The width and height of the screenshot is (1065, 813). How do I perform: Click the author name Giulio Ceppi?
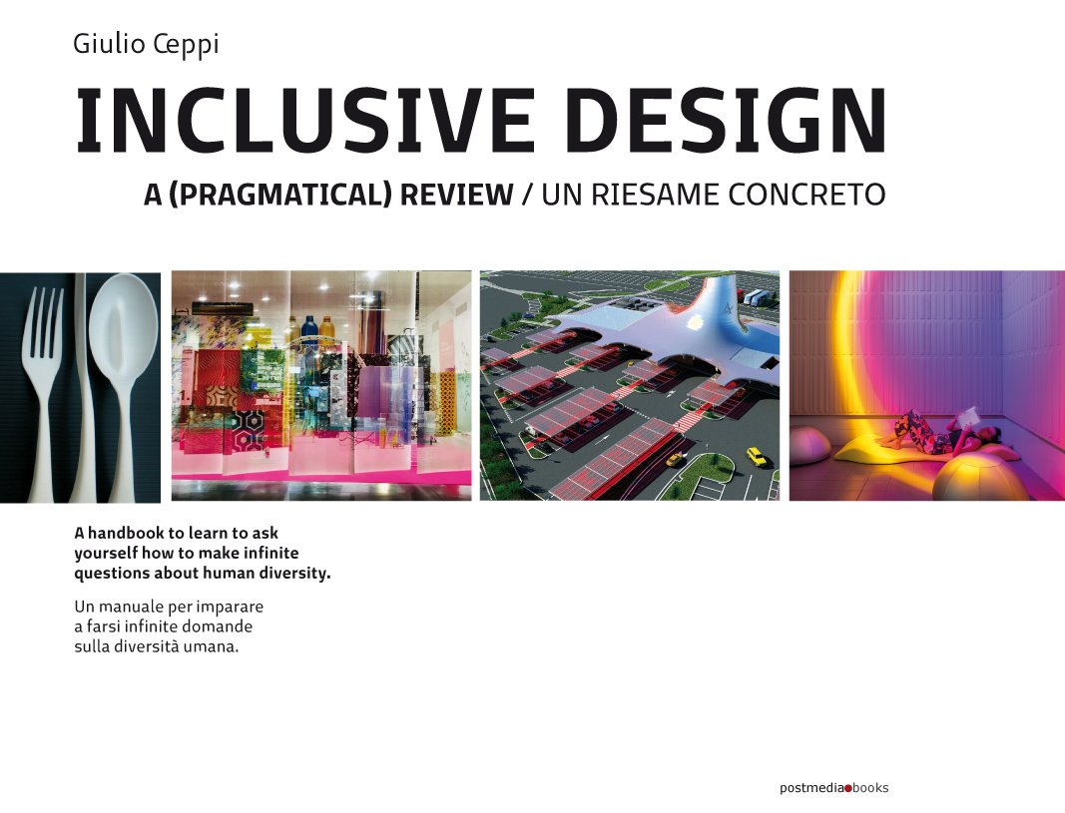pyautogui.click(x=146, y=45)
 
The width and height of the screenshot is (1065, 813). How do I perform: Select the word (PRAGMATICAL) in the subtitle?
pyautogui.click(x=279, y=195)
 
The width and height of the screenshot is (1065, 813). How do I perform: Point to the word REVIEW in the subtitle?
pyautogui.click(x=456, y=195)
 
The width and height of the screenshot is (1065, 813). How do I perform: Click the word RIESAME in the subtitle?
pyautogui.click(x=656, y=195)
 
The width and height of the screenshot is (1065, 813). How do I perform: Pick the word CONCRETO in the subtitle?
pyautogui.click(x=806, y=195)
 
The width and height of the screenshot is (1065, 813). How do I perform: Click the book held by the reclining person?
pyautogui.click(x=967, y=416)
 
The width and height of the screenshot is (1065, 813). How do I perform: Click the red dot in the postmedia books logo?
pyautogui.click(x=848, y=788)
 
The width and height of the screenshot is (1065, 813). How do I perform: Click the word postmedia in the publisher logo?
pyautogui.click(x=811, y=788)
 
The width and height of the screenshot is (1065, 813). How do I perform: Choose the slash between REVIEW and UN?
pyautogui.click(x=527, y=195)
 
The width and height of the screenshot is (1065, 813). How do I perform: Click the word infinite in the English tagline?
pyautogui.click(x=271, y=553)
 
